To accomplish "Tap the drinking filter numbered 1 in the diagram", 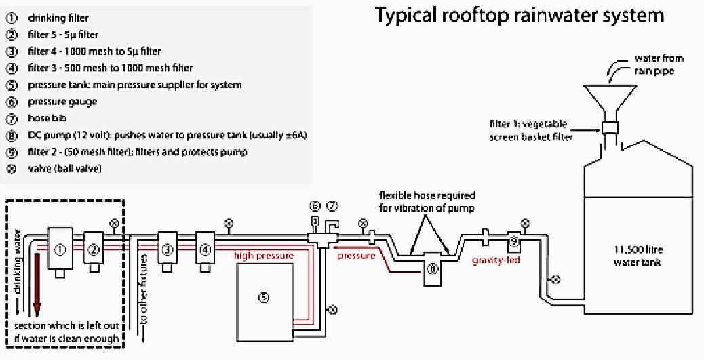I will pyautogui.click(x=60, y=249).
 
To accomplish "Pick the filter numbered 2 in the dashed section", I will pyautogui.click(x=94, y=249).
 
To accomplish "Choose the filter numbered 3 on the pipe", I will pyautogui.click(x=167, y=249).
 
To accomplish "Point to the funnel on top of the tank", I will pyautogui.click(x=609, y=102).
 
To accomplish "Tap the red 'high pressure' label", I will pyautogui.click(x=264, y=256).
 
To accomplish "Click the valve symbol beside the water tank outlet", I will pyautogui.click(x=556, y=278).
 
